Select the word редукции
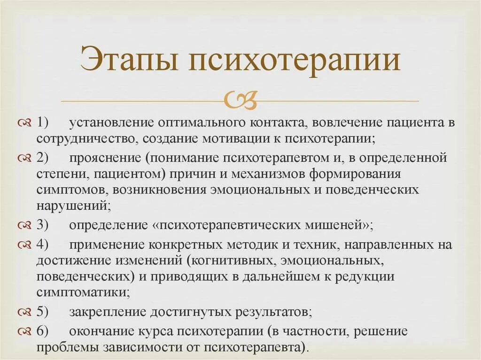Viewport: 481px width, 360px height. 368,276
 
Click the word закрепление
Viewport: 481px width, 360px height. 109,312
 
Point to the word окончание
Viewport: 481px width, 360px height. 103,331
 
